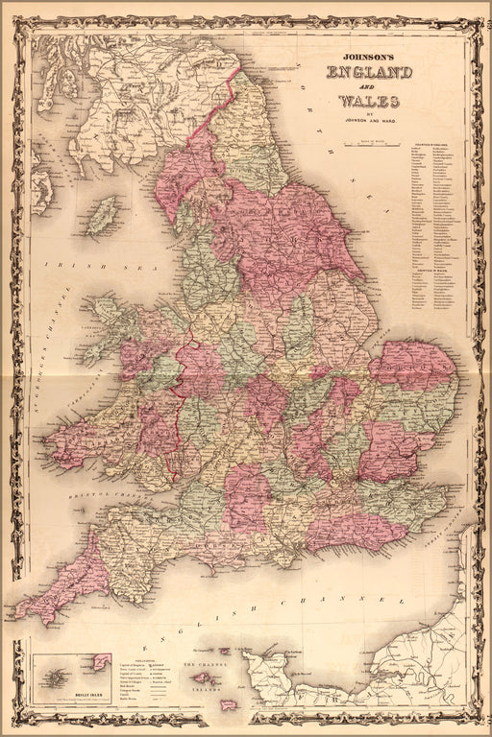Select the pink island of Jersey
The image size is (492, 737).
click(x=229, y=704)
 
